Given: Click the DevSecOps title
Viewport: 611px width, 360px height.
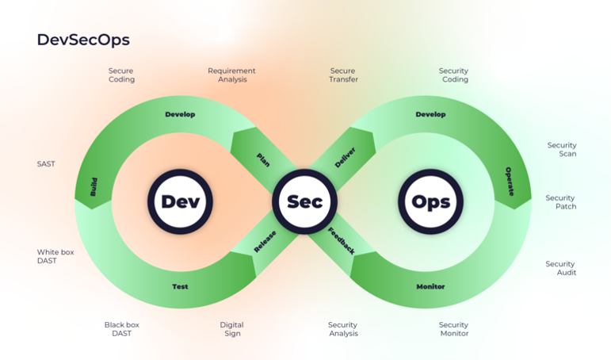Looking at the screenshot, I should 83,40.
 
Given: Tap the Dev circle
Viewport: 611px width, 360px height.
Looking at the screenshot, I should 180,201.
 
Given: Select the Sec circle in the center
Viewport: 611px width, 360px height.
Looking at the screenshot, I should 304,201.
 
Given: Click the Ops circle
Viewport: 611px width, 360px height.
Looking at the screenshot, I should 430,201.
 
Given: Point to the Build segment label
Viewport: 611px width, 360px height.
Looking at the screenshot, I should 94,187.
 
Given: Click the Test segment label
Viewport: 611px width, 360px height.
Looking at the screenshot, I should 180,286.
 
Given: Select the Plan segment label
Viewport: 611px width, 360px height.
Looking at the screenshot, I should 263,159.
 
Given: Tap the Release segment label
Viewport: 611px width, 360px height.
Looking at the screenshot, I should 265,242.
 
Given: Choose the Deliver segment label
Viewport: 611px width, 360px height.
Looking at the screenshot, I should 345,157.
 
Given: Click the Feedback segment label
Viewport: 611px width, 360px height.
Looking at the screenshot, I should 342,240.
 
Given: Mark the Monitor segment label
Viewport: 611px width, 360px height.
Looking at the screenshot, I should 430,286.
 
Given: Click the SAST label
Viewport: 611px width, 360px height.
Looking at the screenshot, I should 46,164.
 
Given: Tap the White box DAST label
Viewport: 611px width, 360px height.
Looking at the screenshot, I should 55,256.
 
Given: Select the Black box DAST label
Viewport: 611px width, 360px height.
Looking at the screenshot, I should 121,329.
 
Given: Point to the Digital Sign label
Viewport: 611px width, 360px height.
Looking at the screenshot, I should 231,329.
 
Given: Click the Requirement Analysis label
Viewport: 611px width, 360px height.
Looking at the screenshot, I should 231,75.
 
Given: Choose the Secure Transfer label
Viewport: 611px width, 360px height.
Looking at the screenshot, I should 343,75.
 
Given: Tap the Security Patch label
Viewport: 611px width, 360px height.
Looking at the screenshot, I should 560,202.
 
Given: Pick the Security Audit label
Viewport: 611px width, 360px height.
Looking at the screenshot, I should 560,268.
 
